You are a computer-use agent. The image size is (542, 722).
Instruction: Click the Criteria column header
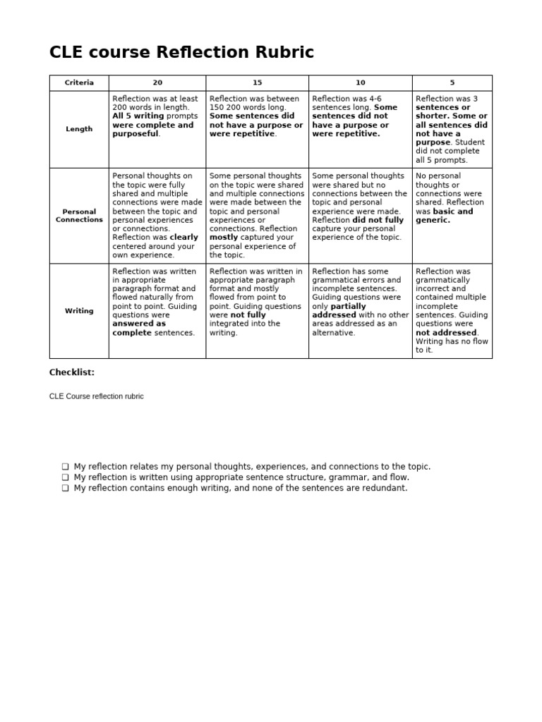(x=79, y=83)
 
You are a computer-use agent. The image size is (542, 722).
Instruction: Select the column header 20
(x=157, y=83)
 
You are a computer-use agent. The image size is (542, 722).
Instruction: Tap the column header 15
(x=257, y=83)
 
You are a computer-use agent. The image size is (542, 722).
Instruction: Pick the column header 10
(x=360, y=83)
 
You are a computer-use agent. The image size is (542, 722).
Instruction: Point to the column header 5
(x=452, y=83)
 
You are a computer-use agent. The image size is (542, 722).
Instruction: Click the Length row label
(x=79, y=129)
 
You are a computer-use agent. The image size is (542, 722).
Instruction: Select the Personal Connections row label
(x=79, y=216)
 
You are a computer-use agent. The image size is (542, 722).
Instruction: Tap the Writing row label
(x=79, y=311)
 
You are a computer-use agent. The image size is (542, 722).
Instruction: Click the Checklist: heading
(x=72, y=372)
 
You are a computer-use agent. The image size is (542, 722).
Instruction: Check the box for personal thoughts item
(x=65, y=467)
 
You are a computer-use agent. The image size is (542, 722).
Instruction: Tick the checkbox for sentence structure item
(x=65, y=477)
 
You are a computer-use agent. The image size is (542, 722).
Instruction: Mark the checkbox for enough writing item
(x=65, y=488)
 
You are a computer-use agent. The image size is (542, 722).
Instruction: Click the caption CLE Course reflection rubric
(x=96, y=396)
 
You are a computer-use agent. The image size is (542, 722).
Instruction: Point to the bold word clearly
(x=183, y=238)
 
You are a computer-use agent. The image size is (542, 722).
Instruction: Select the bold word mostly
(x=224, y=238)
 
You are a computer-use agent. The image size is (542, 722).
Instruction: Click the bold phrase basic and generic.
(x=444, y=216)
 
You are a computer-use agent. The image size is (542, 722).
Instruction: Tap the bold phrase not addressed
(x=447, y=332)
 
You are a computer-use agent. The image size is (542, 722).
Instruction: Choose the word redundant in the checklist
(x=387, y=488)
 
